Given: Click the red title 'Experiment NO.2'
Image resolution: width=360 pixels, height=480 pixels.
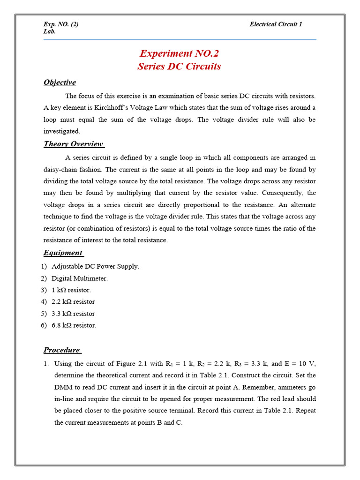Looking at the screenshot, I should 180,53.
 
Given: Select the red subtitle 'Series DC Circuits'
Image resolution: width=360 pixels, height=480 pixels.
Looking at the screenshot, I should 179,66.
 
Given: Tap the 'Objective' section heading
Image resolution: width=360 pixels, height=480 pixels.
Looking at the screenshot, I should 60,82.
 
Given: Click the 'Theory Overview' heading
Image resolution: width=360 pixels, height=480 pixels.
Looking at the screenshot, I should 74,144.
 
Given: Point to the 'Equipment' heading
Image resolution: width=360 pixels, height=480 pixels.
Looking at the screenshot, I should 63,253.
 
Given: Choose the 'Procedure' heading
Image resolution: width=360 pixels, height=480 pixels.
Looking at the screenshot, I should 62,350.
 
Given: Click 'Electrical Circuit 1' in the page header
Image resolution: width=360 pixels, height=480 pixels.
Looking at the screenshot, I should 276,24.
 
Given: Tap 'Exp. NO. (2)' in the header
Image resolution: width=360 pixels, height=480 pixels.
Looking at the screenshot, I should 61,24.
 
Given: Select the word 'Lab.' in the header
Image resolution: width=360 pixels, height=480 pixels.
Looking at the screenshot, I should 49,31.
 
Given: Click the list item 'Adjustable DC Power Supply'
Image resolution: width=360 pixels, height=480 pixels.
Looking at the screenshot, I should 95,266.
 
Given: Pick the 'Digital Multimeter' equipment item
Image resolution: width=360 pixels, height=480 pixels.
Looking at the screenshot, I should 79,278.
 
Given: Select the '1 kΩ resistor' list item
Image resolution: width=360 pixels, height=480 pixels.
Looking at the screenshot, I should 71,290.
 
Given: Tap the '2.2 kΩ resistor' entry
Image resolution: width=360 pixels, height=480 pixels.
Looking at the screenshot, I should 73,302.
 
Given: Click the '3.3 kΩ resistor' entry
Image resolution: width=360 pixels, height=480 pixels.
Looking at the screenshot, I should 73,314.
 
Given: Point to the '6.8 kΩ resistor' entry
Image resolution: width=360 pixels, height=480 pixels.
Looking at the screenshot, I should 74,325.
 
